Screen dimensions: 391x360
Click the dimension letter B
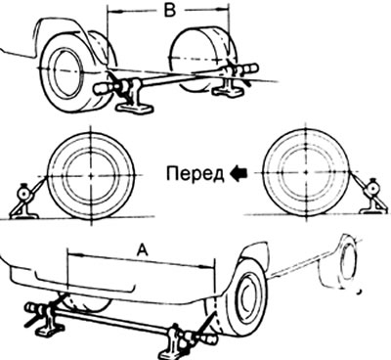tap(169, 11)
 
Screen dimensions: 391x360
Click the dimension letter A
tap(142, 250)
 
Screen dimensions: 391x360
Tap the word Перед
tap(195, 174)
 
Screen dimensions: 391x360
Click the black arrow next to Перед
tap(239, 173)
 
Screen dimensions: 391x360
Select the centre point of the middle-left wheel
tap(91, 176)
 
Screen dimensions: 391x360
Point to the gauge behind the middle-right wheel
tap(370, 197)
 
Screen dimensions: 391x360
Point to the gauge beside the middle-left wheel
tap(24, 202)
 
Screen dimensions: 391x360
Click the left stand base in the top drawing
tap(135, 107)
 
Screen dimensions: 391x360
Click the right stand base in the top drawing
tap(228, 91)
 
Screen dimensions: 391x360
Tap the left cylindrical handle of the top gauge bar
tap(105, 88)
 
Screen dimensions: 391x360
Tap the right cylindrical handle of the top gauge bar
tap(250, 69)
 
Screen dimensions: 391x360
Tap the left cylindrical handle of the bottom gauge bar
tap(34, 308)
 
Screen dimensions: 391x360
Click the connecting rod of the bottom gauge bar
tap(112, 323)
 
